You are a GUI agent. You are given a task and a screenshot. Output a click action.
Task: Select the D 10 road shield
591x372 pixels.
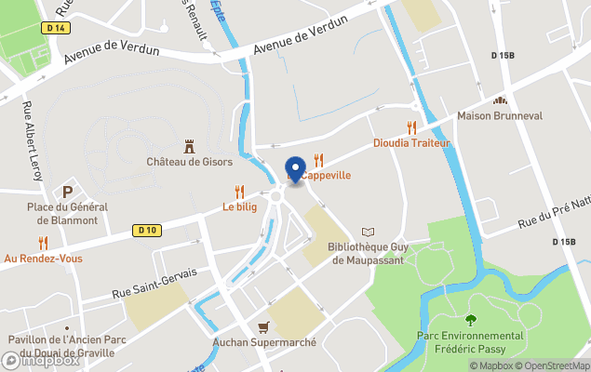tap(146, 230)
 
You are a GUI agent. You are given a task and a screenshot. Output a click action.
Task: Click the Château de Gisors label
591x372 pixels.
tap(188, 161)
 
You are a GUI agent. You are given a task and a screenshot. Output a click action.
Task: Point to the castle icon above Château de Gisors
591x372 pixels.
tap(189, 145)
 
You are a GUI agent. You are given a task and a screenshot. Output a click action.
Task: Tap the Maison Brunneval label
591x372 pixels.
tap(499, 116)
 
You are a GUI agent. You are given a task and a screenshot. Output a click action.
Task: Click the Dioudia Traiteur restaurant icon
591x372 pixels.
tap(410, 127)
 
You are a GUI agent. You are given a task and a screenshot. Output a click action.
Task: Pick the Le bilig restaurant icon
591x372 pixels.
tap(240, 192)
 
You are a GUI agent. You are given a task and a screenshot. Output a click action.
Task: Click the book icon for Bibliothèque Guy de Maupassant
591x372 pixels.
tap(369, 232)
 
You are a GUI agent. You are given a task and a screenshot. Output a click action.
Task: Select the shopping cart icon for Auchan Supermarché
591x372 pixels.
tap(264, 327)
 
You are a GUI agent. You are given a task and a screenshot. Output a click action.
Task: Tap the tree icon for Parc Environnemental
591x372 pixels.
tap(471, 321)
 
